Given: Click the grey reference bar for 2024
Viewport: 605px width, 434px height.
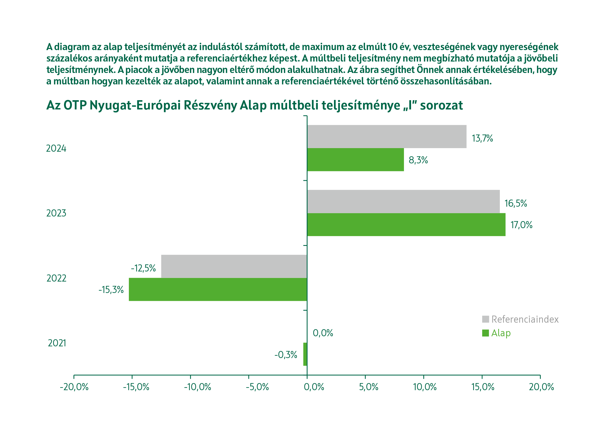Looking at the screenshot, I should pyautogui.click(x=387, y=136).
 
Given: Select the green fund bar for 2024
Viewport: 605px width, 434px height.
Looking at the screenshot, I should pyautogui.click(x=355, y=160).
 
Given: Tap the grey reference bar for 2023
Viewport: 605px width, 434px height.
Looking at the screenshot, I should pyautogui.click(x=403, y=201).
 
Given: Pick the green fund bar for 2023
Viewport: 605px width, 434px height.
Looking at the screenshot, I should pyautogui.click(x=406, y=225).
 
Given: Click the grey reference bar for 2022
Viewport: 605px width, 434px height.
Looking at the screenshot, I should pyautogui.click(x=234, y=266).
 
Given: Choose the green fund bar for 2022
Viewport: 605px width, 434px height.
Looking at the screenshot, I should pyautogui.click(x=218, y=289).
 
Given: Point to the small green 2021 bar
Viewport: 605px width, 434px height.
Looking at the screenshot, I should pyautogui.click(x=305, y=354).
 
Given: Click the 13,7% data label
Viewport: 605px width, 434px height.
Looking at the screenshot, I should pyautogui.click(x=482, y=138).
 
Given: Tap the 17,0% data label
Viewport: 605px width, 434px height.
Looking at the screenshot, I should pyautogui.click(x=521, y=225).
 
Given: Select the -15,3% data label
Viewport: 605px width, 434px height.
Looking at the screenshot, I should pyautogui.click(x=111, y=290).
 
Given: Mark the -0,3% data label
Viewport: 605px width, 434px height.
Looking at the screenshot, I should pyautogui.click(x=286, y=355).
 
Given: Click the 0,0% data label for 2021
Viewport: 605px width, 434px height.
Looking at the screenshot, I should pyautogui.click(x=323, y=333).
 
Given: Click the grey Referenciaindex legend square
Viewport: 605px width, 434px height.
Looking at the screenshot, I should pyautogui.click(x=485, y=319).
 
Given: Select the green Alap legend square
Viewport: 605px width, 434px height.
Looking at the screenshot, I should pyautogui.click(x=485, y=333).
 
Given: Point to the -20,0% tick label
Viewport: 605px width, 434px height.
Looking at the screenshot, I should pyautogui.click(x=74, y=387).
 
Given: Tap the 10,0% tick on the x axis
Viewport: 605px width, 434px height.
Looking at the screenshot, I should pyautogui.click(x=425, y=387).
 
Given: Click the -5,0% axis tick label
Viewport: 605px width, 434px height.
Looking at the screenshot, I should pyautogui.click(x=257, y=387).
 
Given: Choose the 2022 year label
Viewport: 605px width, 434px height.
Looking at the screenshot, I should pyautogui.click(x=56, y=278).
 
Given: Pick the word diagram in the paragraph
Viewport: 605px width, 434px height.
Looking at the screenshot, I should pyautogui.click(x=72, y=47).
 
